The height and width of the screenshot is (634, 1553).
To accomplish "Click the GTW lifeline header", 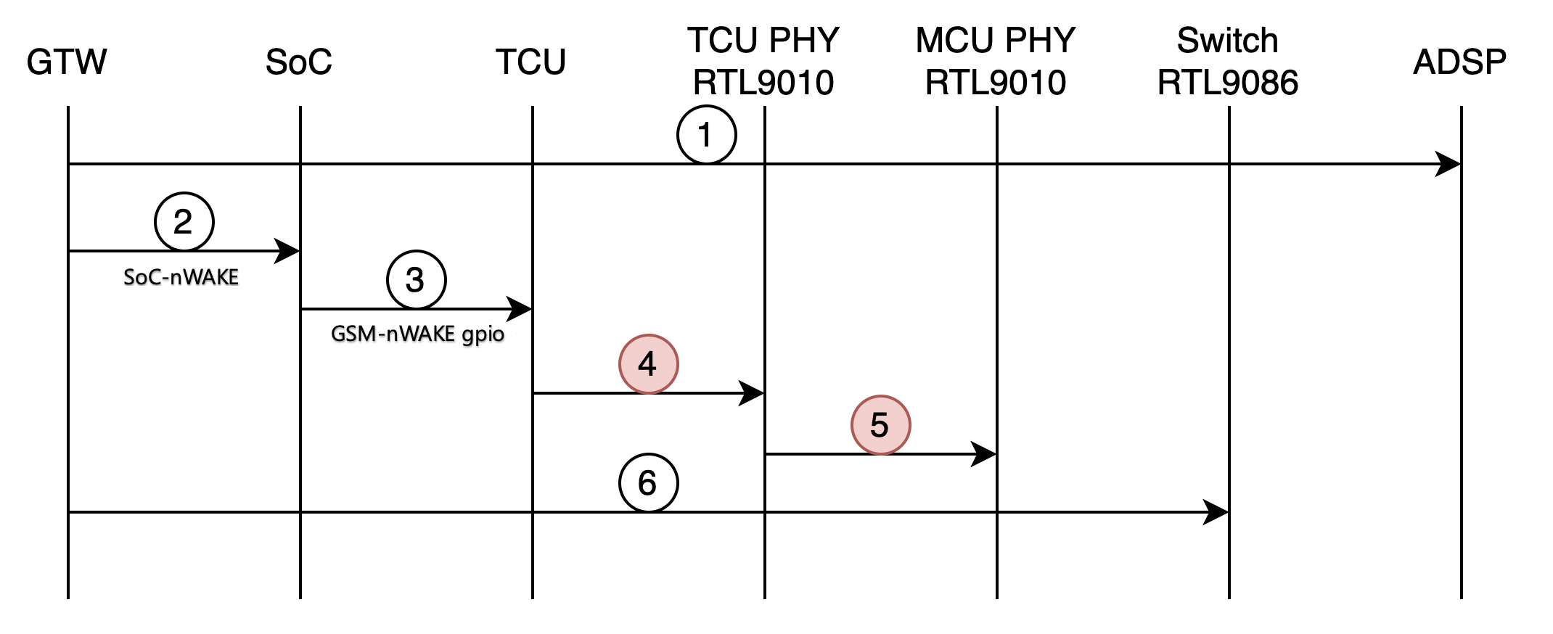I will point(67,62).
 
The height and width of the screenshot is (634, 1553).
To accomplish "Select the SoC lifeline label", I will point(299,62).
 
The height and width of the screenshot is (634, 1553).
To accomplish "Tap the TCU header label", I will point(531,62).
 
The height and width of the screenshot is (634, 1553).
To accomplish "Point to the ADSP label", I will point(1459,62).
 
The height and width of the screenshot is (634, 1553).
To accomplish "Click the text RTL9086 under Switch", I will point(1228,83).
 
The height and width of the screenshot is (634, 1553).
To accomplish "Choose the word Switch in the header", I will point(1228,41).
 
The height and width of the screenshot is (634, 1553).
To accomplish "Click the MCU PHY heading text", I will point(996,41).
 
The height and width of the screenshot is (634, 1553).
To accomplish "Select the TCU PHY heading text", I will point(763,41).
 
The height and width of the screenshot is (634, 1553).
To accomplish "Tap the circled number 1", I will point(706,135).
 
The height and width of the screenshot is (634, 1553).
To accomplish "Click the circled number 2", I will point(184,222).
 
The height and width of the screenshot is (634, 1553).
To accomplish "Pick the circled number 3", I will point(416,280).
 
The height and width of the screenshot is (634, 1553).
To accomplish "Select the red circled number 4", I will point(648,364).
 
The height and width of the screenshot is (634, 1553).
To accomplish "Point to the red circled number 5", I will point(880,425).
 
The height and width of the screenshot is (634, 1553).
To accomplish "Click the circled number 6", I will point(648,483).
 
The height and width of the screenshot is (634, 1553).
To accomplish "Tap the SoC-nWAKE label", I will point(181,277).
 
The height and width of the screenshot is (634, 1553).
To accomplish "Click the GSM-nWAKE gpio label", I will point(418,334).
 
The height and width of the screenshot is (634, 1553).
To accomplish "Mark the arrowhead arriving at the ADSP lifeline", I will point(1448,164).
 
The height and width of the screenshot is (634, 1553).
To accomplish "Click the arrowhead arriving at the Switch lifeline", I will point(1216,512).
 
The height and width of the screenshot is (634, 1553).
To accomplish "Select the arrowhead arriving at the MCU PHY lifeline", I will point(984,454).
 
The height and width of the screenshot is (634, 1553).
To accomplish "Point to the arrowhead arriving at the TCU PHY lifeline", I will point(752,393).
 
